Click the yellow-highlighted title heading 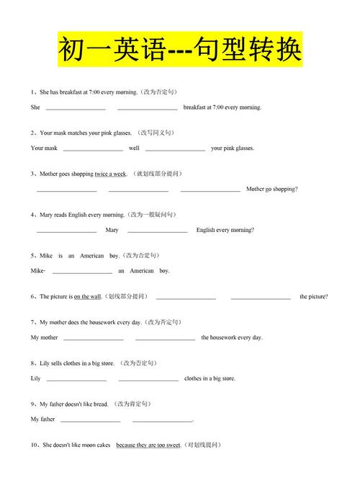click(x=179, y=50)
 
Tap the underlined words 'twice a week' click(x=110, y=174)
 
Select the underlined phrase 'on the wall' click(x=87, y=296)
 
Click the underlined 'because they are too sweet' click(x=148, y=445)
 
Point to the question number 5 click(x=33, y=255)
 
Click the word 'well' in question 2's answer click(x=134, y=148)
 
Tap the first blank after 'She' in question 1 click(x=76, y=107)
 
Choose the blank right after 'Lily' click(x=76, y=378)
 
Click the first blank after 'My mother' click(x=93, y=337)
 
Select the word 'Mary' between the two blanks click(x=112, y=230)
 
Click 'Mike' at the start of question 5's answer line click(x=37, y=271)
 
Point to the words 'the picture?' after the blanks click(x=314, y=296)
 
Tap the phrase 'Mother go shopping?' click(x=271, y=189)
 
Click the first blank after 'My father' click(x=90, y=419)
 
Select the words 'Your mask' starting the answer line click(x=44, y=148)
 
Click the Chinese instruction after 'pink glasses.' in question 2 click(x=156, y=133)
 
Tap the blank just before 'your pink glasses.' click(x=175, y=148)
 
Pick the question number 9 click(x=33, y=404)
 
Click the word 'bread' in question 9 click(x=100, y=404)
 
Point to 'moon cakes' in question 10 click(x=96, y=445)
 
